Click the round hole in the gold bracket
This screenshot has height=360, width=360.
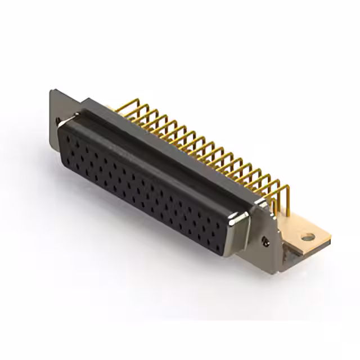(x=307, y=237)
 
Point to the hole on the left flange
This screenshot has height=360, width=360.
(x=58, y=119)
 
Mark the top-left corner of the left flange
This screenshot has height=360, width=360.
(x=51, y=91)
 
